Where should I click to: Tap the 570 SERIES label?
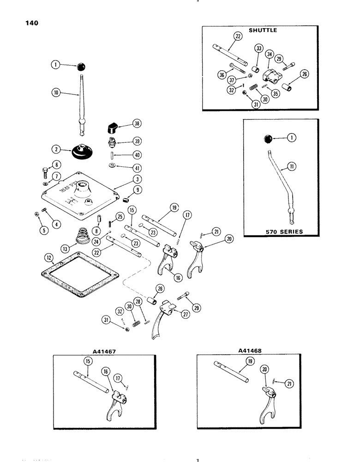pyautogui.click(x=281, y=231)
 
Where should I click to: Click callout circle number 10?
pyautogui.click(x=55, y=93)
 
